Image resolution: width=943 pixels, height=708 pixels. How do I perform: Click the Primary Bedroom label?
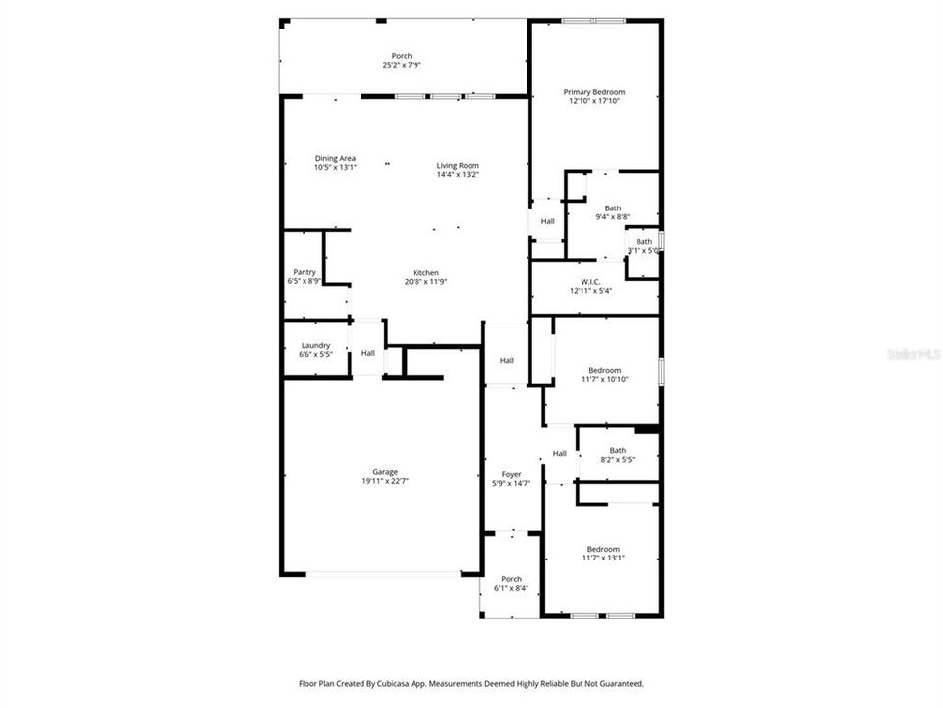click(x=593, y=92)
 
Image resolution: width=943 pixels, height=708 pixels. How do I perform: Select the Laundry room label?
click(x=315, y=345)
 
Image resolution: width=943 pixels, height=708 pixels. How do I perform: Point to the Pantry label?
click(x=304, y=272)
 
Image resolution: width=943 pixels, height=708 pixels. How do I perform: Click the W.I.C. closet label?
click(x=590, y=281)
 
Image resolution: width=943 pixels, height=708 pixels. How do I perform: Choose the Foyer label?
click(x=511, y=474)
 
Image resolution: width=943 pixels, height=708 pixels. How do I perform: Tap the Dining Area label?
click(x=335, y=158)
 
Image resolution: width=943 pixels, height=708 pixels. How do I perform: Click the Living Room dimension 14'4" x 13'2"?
click(x=458, y=175)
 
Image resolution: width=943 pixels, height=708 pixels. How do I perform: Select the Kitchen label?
click(x=425, y=272)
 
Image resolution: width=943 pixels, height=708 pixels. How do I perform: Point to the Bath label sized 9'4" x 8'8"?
click(x=613, y=207)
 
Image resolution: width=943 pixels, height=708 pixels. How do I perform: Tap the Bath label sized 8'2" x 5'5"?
click(x=618, y=450)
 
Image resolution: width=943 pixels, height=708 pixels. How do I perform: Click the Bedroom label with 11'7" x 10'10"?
click(x=604, y=370)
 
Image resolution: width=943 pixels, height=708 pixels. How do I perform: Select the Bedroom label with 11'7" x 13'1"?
click(x=603, y=549)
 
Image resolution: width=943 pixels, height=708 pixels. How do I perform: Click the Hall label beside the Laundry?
click(x=367, y=353)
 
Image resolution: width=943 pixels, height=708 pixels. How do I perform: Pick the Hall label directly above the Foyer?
click(x=507, y=361)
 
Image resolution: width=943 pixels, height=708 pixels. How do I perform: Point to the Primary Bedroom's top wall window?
click(x=593, y=20)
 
